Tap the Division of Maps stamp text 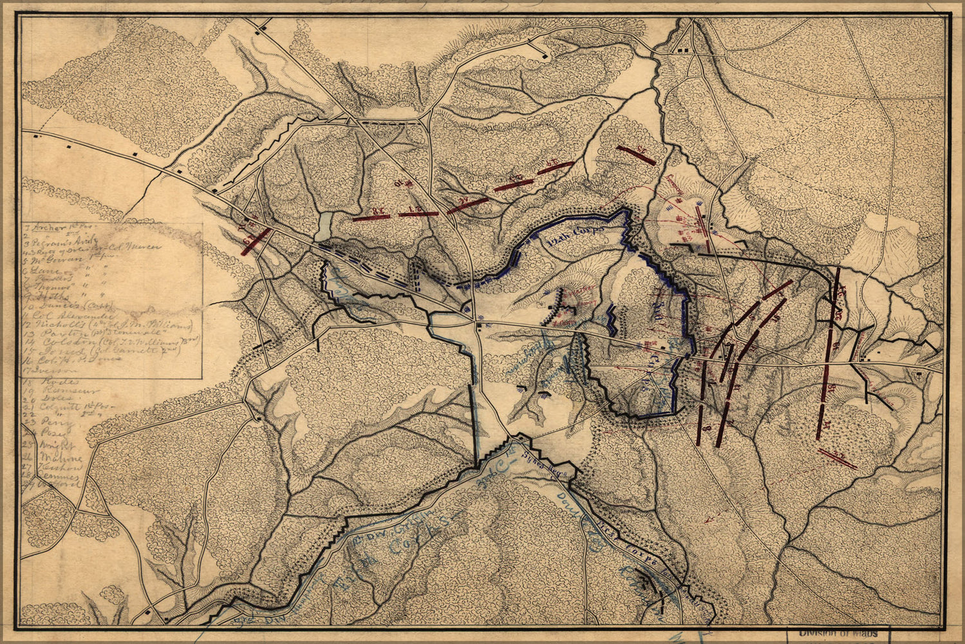pos(838,634)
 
